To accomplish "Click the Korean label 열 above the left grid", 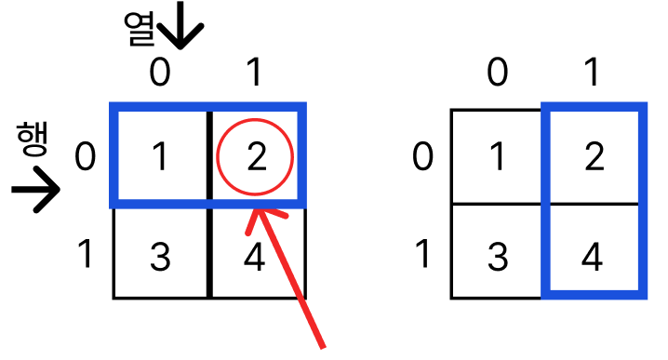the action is tap(140, 29).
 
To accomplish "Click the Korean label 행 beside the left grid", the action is tap(33, 139).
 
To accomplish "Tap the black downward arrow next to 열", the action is tap(180, 25).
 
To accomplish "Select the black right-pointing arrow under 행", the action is tap(35, 189).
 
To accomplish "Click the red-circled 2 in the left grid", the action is tap(257, 157).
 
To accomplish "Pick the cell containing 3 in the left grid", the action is tap(161, 253).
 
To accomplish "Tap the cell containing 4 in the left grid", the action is tap(258, 253).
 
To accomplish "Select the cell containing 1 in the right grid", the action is tap(497, 156).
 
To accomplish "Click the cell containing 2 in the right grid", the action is tap(595, 156).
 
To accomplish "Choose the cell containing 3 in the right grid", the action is tap(497, 251).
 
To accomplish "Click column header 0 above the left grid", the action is tap(160, 72).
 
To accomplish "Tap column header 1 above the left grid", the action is tap(255, 72).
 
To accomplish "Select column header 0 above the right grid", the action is tap(497, 72).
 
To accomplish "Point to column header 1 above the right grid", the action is tap(592, 72).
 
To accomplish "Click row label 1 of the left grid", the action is tap(86, 254).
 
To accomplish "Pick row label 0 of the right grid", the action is tap(422, 157).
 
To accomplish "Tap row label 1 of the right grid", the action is tap(422, 254).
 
